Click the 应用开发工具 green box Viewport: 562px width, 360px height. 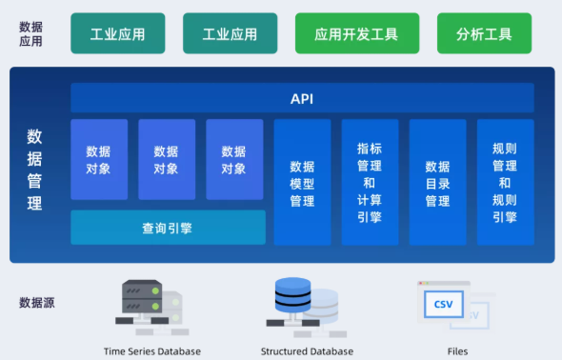(356, 33)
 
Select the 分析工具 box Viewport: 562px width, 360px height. (484, 33)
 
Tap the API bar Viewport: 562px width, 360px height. (302, 98)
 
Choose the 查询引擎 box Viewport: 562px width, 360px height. (168, 228)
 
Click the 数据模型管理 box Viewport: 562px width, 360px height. (302, 183)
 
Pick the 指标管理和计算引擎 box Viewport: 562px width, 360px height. (370, 183)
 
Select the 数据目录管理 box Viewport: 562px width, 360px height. (437, 183)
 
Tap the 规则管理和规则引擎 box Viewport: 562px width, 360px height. (505, 183)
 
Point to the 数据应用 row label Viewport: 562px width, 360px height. (31, 33)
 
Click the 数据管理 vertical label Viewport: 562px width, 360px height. (34, 170)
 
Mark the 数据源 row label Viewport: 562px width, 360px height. (36, 303)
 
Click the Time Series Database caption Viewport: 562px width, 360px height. (152, 351)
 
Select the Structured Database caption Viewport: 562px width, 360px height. (307, 351)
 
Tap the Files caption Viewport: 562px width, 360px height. (457, 351)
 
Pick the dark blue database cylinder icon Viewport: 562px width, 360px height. (294, 297)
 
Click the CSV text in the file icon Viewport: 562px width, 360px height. (443, 304)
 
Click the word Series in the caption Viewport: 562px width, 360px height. (143, 351)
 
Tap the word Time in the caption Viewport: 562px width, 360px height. (114, 351)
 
